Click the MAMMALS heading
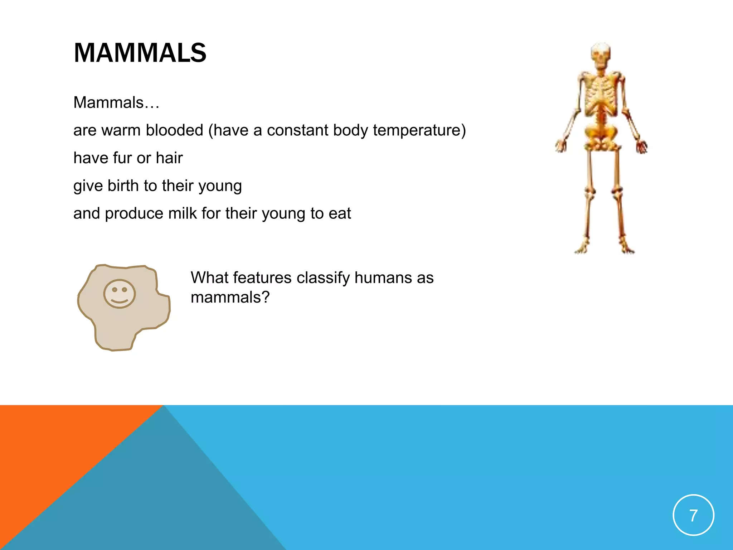click(140, 53)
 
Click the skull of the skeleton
click(601, 56)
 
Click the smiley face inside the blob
click(120, 294)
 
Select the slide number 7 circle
click(693, 515)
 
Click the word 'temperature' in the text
click(419, 130)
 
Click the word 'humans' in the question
click(383, 278)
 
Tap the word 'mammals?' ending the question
click(230, 297)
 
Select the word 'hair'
click(169, 158)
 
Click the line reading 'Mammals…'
click(116, 102)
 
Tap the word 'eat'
click(340, 213)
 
